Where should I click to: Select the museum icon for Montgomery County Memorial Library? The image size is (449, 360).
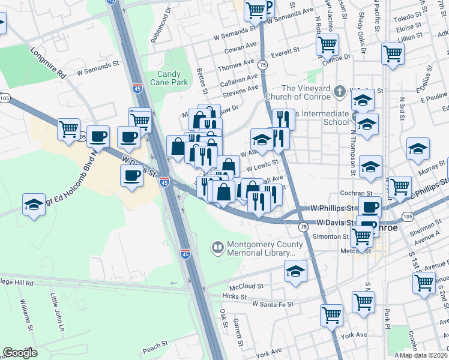[x=217, y=247]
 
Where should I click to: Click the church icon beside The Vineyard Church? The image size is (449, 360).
[x=340, y=92]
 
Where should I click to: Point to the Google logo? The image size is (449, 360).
[x=20, y=353]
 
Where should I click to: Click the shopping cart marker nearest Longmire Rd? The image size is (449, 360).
[x=68, y=128]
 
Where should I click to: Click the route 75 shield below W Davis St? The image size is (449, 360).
[x=304, y=227]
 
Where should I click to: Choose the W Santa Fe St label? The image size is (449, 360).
[x=273, y=304]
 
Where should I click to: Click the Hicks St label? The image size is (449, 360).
[x=231, y=296]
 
